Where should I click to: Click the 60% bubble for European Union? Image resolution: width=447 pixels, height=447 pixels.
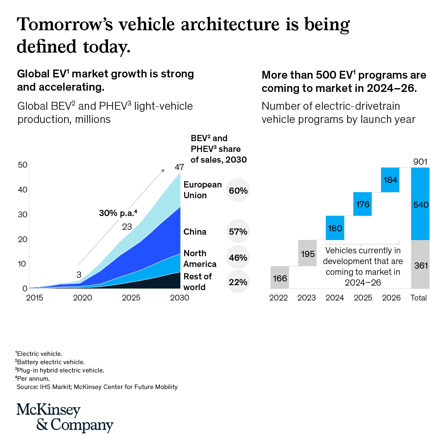coord(238,190)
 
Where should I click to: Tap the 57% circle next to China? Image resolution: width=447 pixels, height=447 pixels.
coord(238,231)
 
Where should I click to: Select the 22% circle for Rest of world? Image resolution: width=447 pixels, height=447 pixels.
coord(238,282)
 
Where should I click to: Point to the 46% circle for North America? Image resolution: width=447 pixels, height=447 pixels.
coord(238,257)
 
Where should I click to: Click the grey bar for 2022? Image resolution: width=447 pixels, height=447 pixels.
coord(280,277)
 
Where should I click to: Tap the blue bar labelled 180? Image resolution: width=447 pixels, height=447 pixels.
coord(335,228)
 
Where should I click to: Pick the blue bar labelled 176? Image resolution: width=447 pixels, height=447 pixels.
coord(362,204)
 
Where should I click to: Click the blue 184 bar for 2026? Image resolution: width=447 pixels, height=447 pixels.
coord(390,180)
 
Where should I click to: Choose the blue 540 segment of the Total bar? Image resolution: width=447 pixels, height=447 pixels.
coord(420,204)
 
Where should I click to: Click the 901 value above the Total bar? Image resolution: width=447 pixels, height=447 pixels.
coord(421,162)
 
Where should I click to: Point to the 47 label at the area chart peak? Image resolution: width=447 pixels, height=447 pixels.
coord(179,168)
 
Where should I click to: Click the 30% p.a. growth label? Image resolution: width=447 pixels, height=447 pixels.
coord(118,213)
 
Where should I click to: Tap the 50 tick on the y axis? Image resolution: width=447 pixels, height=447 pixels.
coord(22,165)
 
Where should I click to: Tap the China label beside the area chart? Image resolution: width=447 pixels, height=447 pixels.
coord(195,232)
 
